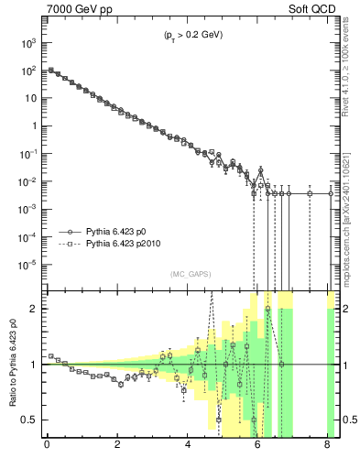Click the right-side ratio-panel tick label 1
coord(344,365)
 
